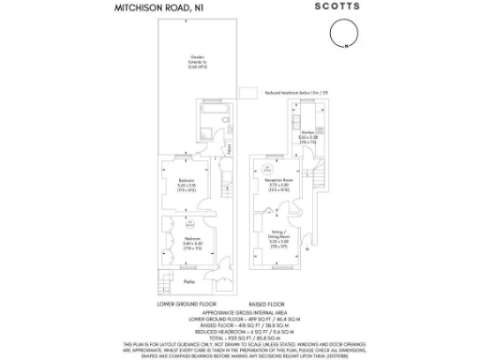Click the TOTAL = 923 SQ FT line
235,337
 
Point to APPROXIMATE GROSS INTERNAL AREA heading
235,310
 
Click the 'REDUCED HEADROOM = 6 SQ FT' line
235,330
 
